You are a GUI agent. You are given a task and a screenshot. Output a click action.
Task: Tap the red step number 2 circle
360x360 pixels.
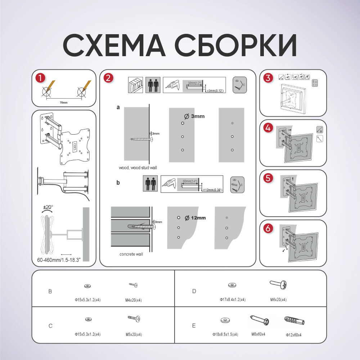tap(108, 78)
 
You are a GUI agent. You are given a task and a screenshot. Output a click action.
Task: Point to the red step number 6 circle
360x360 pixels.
tap(268, 229)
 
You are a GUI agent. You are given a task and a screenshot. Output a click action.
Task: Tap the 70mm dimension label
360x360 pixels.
tap(63, 103)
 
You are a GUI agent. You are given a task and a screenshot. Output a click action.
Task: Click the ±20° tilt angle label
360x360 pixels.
tap(48, 207)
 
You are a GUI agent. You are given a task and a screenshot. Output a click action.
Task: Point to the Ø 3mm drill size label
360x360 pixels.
tap(194, 116)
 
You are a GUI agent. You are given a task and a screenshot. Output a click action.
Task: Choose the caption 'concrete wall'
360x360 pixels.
tap(131, 254)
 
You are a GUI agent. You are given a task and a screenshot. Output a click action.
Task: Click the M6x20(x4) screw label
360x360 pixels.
tap(278, 300)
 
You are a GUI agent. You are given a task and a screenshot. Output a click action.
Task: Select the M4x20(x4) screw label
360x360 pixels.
tap(133, 300)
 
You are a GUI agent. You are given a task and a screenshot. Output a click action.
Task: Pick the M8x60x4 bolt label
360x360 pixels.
tap(258, 334)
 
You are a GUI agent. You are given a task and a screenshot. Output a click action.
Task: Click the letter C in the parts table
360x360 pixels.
tap(50, 326)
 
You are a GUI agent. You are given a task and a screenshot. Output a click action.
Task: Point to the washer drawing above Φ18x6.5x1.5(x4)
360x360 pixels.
tap(225, 320)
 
